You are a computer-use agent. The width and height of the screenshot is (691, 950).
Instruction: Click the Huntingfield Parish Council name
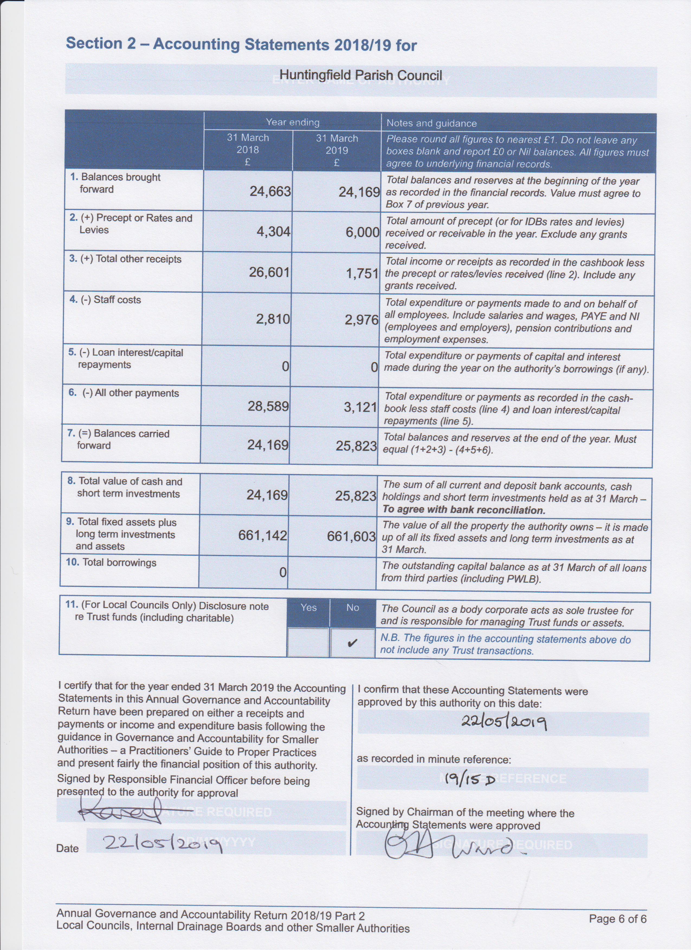point(361,75)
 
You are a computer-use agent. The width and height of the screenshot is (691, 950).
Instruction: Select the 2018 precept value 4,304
point(273,232)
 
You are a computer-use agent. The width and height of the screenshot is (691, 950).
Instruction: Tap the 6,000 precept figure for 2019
point(362,232)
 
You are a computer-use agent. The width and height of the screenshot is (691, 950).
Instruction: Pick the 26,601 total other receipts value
point(269,272)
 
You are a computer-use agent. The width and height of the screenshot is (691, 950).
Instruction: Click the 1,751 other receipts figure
point(362,273)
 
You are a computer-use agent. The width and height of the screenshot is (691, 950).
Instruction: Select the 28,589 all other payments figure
point(268,406)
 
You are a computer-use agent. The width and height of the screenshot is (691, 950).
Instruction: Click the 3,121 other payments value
point(360,407)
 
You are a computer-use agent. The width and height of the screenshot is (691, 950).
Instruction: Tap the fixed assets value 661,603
point(351,536)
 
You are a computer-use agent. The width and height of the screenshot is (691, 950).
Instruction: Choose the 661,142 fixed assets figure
point(263,535)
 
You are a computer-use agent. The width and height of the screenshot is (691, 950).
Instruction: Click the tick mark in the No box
point(353,642)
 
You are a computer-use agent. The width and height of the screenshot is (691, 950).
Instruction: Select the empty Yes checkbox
point(308,642)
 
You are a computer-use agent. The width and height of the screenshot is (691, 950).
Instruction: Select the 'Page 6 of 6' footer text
point(617,919)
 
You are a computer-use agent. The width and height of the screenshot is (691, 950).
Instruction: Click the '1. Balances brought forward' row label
point(115,183)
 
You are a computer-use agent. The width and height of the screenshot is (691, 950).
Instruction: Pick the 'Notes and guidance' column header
point(431,123)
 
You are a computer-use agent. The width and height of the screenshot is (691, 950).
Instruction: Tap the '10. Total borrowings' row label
point(111,562)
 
